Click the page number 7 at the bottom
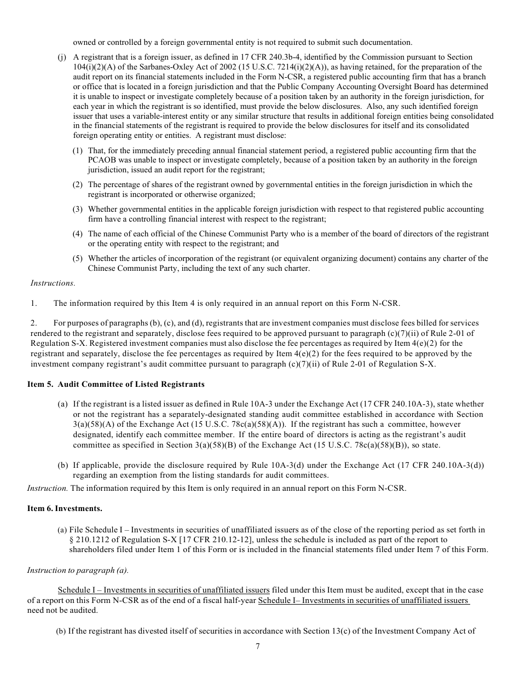pos(258,646)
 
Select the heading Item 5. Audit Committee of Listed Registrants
pos(115,384)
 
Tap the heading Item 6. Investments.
pos(65,508)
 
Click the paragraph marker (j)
pos(62,57)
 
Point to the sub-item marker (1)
pos(78,150)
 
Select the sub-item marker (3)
pos(78,209)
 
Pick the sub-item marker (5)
pos(78,258)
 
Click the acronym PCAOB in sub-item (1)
pos(100,160)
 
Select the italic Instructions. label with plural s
pos(53,283)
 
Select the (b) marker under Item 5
pos(62,466)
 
